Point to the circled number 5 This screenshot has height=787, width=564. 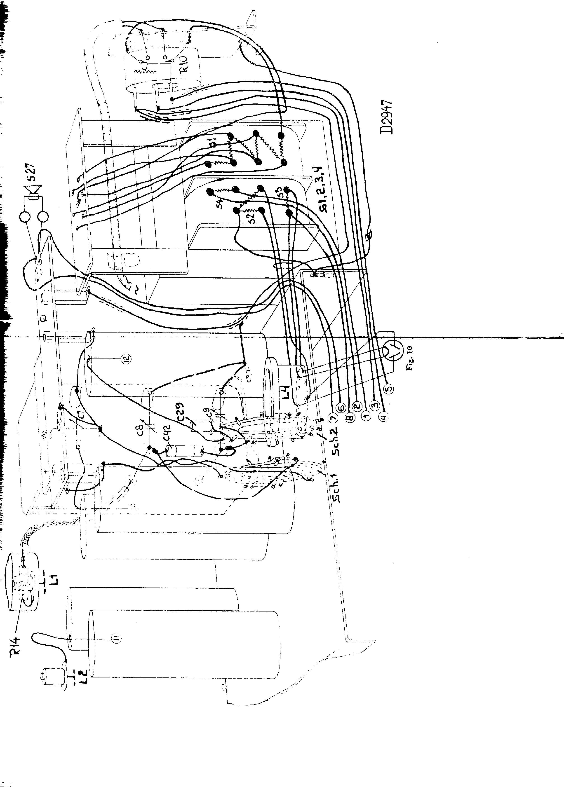tap(389, 389)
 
